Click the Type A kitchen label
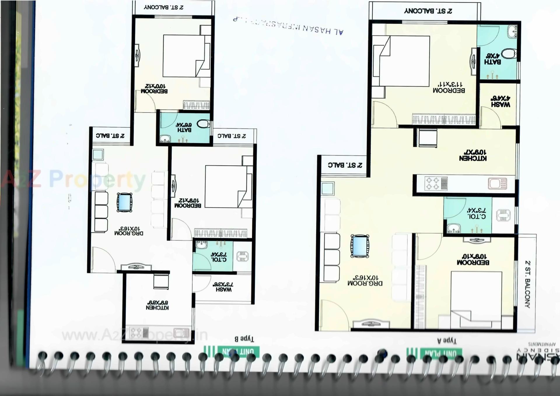[x=473, y=155]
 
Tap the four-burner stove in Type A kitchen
[x=433, y=184]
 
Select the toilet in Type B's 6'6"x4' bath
[x=203, y=124]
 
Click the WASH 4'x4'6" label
[x=501, y=101]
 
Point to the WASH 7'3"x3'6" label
[x=223, y=287]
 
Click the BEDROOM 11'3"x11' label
[x=449, y=87]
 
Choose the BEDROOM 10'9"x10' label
[x=473, y=259]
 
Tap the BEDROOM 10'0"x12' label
[x=154, y=89]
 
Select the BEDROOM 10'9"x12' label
[x=188, y=203]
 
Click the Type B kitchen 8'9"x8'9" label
[x=157, y=305]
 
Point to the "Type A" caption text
[x=447, y=340]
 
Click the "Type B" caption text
[x=244, y=339]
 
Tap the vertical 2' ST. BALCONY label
[x=527, y=284]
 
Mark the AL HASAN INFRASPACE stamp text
[x=289, y=26]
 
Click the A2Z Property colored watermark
[x=73, y=179]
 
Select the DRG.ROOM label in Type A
[x=365, y=280]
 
